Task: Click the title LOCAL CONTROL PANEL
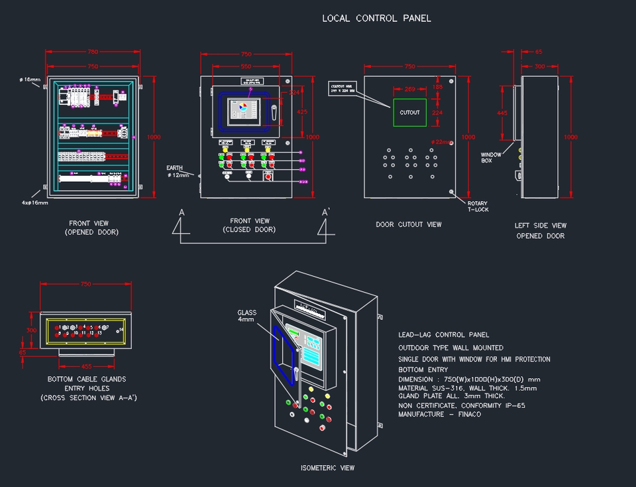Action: (x=376, y=19)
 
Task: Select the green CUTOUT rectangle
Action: (x=409, y=113)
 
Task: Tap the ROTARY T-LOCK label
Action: (x=478, y=206)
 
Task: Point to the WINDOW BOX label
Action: (x=492, y=158)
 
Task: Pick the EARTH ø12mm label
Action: (x=178, y=172)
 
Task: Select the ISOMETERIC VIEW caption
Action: (x=327, y=468)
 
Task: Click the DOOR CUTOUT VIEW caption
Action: (x=408, y=225)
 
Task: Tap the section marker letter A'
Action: (x=326, y=212)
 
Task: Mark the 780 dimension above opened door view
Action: (x=93, y=52)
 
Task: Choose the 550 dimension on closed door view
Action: (x=246, y=67)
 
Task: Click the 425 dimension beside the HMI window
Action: (x=301, y=112)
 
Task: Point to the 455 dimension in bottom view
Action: (x=86, y=366)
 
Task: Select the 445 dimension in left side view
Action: (x=502, y=113)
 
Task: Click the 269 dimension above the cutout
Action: (x=409, y=89)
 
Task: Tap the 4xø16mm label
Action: (x=34, y=202)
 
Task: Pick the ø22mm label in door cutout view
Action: (x=441, y=142)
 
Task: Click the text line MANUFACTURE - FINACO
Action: (x=439, y=415)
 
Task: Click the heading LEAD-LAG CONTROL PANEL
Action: (x=443, y=335)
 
